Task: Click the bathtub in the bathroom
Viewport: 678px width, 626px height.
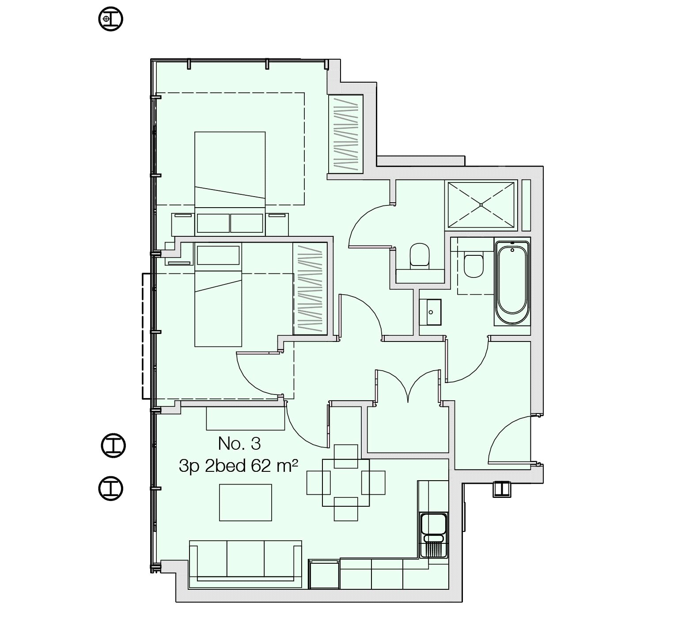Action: pyautogui.click(x=512, y=283)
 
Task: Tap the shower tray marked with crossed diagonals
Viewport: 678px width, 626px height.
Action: pyautogui.click(x=481, y=205)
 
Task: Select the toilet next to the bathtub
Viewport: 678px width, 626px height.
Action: pyautogui.click(x=473, y=265)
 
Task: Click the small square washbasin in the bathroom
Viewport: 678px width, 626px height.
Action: pyautogui.click(x=431, y=312)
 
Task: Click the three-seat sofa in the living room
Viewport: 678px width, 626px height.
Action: pyautogui.click(x=245, y=564)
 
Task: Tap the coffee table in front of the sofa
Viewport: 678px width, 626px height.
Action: pyautogui.click(x=246, y=502)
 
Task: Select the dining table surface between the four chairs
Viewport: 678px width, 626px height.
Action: pyautogui.click(x=346, y=482)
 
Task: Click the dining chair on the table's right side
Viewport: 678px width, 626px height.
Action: pyautogui.click(x=374, y=482)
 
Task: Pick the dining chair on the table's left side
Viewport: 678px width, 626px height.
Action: pyautogui.click(x=318, y=482)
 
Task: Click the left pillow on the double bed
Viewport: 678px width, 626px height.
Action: pyautogui.click(x=213, y=223)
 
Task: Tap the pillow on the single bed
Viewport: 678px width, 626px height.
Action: pyautogui.click(x=218, y=255)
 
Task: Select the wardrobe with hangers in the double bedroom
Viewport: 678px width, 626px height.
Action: pyautogui.click(x=345, y=134)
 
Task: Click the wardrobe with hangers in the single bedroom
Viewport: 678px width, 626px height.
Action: pyautogui.click(x=310, y=289)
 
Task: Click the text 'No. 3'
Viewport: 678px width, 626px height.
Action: pyautogui.click(x=239, y=444)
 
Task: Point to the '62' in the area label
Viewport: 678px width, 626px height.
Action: pyautogui.click(x=261, y=466)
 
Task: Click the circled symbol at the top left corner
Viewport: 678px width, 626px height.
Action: pyautogui.click(x=110, y=19)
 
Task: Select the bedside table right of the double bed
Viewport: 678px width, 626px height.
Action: pyautogui.click(x=277, y=224)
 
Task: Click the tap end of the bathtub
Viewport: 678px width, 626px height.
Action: pyautogui.click(x=512, y=248)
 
